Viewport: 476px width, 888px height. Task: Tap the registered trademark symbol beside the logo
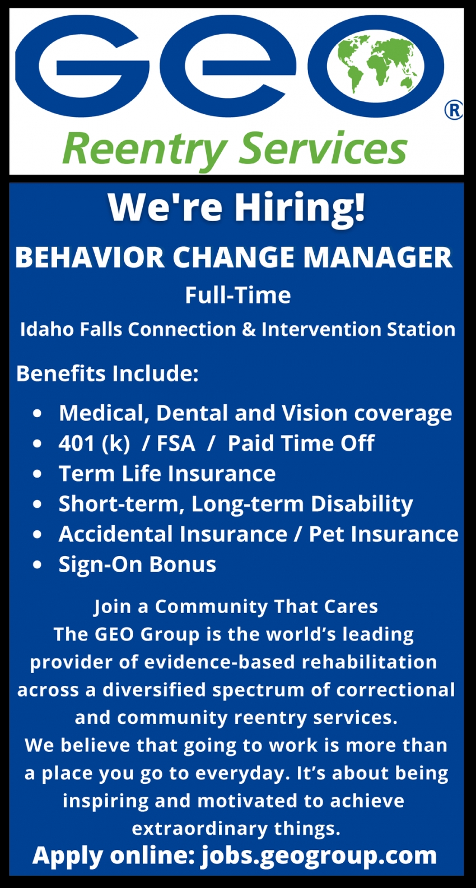point(454,111)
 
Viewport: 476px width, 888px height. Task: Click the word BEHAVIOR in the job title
point(90,258)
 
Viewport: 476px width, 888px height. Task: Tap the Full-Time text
point(238,296)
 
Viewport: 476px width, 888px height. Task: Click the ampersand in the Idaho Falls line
point(249,330)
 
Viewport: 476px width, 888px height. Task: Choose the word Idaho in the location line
point(47,330)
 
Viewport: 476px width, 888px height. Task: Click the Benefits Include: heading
point(108,374)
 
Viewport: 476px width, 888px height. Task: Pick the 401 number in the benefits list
point(76,443)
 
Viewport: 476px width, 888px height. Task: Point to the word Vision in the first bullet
point(315,413)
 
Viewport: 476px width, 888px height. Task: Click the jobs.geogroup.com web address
point(319,856)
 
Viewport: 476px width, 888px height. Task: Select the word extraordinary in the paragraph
point(200,829)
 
